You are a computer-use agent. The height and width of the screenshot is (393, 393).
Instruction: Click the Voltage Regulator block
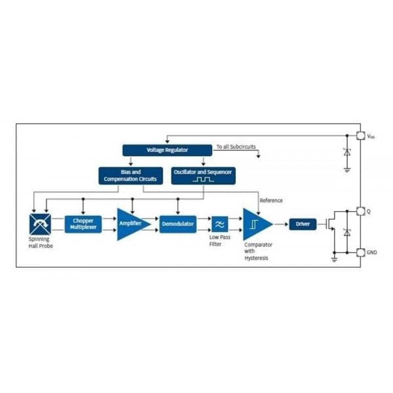pos(167,150)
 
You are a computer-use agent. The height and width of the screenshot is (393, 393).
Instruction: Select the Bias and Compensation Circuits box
pos(130,176)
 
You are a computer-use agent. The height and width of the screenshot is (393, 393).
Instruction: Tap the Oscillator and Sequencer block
pos(203,176)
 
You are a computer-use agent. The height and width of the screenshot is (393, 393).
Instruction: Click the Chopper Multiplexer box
pos(83,224)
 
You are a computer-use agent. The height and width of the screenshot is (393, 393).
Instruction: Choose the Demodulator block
pos(178,224)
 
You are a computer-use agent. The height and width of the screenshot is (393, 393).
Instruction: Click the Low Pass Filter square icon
pos(220,224)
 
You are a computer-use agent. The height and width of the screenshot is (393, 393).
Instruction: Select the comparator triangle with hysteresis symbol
pos(255,224)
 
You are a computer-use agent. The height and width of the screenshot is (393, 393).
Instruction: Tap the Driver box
pos(303,224)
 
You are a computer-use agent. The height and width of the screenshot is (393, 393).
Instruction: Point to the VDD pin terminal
pos(360,136)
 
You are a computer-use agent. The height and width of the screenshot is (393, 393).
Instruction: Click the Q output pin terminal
pos(360,211)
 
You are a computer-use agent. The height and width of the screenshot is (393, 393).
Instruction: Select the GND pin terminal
pos(360,252)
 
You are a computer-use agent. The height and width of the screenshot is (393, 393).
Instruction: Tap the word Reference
pos(271,200)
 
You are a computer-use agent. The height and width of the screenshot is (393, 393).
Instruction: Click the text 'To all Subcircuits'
pos(236,147)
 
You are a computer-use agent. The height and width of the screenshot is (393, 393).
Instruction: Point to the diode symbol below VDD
pos(347,153)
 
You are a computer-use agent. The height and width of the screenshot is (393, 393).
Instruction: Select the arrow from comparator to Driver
pos(280,224)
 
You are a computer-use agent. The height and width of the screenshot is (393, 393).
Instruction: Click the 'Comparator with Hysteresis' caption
pos(258,252)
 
